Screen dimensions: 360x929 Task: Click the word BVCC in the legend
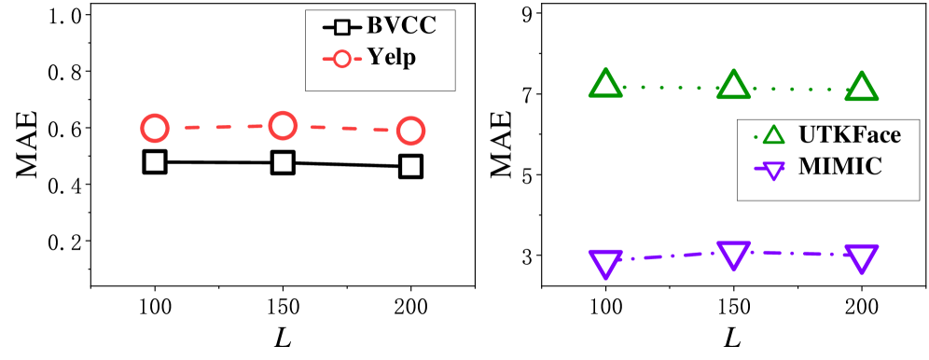(x=401, y=24)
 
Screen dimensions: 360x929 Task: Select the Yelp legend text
(x=391, y=58)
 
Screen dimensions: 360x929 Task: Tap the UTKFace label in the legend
(x=849, y=135)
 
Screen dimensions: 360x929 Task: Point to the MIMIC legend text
(x=839, y=168)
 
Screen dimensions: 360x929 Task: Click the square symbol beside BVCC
(x=342, y=25)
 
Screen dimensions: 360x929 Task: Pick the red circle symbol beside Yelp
(x=342, y=59)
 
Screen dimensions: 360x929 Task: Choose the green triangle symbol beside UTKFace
(x=773, y=136)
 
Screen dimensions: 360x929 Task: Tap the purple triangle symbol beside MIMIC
(x=773, y=170)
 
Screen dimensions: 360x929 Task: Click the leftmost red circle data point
(x=155, y=130)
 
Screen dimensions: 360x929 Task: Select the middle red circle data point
(x=283, y=125)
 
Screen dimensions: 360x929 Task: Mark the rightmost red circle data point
(x=410, y=132)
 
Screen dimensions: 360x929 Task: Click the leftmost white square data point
(x=155, y=162)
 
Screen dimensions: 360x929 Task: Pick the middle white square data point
(x=283, y=163)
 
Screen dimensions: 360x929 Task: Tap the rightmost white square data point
(x=410, y=167)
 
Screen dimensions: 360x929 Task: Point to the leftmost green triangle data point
(x=605, y=86)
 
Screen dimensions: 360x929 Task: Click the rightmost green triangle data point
(x=862, y=88)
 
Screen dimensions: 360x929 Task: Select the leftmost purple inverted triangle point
(x=605, y=262)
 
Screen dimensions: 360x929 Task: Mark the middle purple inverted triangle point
(x=733, y=254)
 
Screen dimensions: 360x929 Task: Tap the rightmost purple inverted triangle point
(x=862, y=257)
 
